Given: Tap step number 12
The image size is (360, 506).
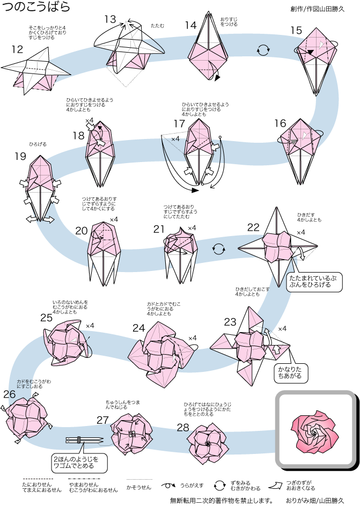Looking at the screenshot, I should point(17,50).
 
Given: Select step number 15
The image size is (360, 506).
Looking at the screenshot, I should point(297,31).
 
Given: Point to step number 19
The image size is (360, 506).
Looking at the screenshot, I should point(20,156).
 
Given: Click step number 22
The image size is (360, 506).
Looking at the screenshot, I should point(253,226).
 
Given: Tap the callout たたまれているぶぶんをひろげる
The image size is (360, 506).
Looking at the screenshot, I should point(315,282).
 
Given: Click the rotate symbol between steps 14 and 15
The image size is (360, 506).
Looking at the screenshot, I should point(263,51).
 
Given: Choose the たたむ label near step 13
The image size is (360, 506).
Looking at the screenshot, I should point(158,25).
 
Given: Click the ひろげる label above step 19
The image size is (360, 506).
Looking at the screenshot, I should point(38,144).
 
